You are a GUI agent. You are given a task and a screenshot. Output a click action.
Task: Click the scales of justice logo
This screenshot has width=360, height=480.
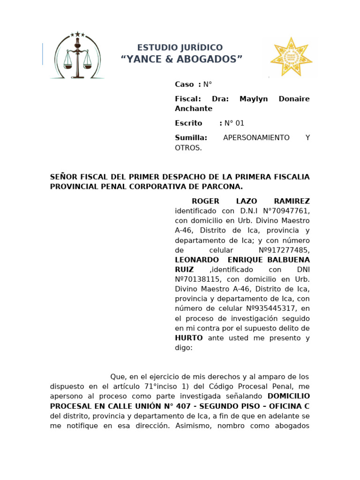pyautogui.click(x=77, y=55)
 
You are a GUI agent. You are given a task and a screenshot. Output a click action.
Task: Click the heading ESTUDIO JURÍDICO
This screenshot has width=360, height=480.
pyautogui.click(x=180, y=48)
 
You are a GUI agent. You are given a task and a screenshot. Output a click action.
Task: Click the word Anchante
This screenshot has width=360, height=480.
pyautogui.click(x=194, y=109)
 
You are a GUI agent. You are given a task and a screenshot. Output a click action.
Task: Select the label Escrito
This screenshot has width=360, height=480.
pyautogui.click(x=188, y=123)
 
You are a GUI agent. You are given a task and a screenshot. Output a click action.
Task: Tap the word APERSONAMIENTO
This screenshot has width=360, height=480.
pyautogui.click(x=256, y=138)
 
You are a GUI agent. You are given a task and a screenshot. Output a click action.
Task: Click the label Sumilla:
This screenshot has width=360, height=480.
pyautogui.click(x=191, y=138)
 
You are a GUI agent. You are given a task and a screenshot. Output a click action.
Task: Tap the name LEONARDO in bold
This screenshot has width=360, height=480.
pyautogui.click(x=196, y=260)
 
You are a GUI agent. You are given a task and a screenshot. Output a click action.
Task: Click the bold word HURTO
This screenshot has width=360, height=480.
pyautogui.click(x=189, y=338)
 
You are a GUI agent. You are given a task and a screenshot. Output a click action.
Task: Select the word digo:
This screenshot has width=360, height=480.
pyautogui.click(x=184, y=348)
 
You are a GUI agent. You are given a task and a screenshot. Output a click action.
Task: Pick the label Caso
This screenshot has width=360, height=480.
pyautogui.click(x=184, y=84)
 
